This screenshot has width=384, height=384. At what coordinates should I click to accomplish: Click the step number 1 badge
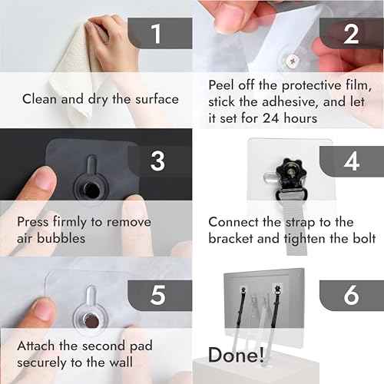157,33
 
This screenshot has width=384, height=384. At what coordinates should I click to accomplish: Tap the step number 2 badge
351,33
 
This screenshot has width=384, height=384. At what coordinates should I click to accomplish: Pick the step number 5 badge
157,294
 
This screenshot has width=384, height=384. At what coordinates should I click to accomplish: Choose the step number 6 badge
351,294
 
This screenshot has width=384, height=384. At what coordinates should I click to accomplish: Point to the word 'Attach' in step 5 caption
37,346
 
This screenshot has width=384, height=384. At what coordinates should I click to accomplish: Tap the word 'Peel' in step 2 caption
223,83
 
